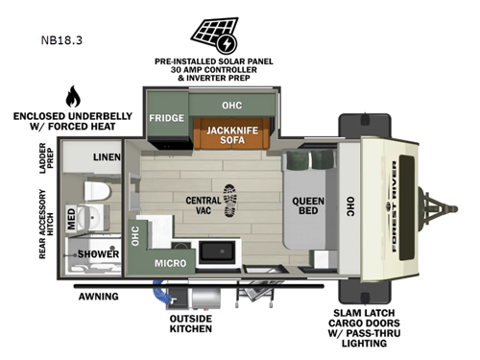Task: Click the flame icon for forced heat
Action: pos(72,97)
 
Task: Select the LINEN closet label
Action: pos(108,156)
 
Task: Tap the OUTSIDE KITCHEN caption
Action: pos(192,324)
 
